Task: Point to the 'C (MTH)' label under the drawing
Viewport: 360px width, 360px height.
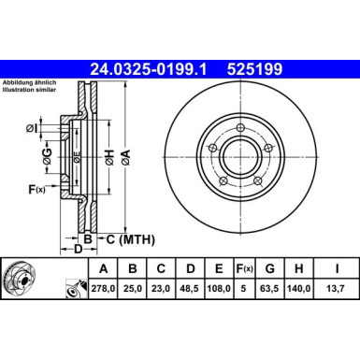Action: (126, 239)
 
